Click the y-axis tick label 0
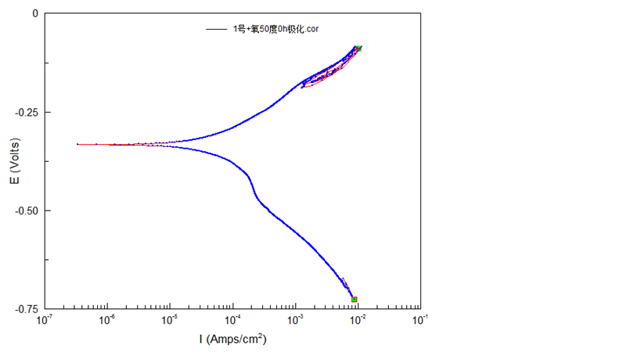point(33,13)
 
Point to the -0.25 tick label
point(27,112)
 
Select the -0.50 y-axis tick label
point(27,211)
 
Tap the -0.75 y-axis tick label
point(27,309)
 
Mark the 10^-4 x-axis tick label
point(232,320)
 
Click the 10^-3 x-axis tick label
point(295,320)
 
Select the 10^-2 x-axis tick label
point(358,320)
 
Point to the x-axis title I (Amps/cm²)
point(232,340)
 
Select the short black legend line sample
point(216,29)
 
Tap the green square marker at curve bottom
point(355,299)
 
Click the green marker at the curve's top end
point(358,49)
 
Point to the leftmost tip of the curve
point(77,144)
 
